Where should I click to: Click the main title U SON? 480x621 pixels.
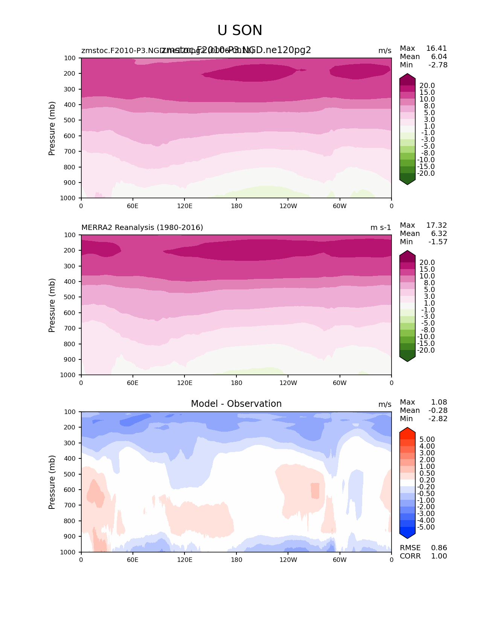(x=240, y=30)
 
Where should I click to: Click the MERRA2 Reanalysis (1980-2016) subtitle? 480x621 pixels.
(x=142, y=228)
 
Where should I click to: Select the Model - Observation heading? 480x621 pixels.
(x=236, y=404)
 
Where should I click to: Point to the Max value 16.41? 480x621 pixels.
(x=436, y=49)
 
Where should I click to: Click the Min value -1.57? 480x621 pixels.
(x=438, y=242)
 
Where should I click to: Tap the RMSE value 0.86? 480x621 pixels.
(x=439, y=548)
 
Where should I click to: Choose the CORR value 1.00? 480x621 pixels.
(x=439, y=556)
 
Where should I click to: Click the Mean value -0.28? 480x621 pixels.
(x=438, y=411)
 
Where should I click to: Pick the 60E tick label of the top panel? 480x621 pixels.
(x=133, y=206)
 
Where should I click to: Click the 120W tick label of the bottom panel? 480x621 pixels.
(x=288, y=560)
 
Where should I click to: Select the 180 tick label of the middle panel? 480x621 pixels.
(x=236, y=383)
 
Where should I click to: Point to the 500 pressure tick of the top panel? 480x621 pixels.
(x=70, y=120)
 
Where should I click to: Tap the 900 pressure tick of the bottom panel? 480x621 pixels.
(x=70, y=537)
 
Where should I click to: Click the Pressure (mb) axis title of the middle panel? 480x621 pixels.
(x=52, y=305)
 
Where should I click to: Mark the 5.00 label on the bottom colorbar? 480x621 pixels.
(x=427, y=440)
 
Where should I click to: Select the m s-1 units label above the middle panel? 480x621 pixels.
(x=381, y=228)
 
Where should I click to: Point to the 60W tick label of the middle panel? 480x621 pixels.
(x=340, y=383)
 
